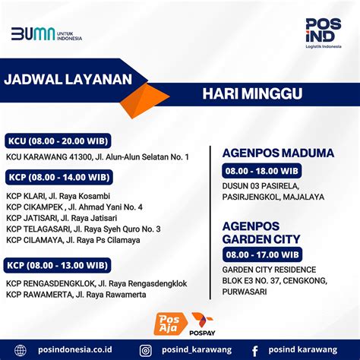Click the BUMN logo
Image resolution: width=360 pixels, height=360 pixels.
46,34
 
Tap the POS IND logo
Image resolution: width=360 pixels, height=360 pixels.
323,34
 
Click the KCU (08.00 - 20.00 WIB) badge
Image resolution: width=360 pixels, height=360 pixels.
58,141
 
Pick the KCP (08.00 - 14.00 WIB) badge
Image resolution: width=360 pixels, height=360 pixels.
58,177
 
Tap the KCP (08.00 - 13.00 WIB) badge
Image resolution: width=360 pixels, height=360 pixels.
58,266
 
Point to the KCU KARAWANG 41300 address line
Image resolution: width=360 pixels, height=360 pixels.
97,157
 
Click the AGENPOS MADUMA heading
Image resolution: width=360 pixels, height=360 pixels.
277,153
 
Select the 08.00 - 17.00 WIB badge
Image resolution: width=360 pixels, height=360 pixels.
262,253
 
